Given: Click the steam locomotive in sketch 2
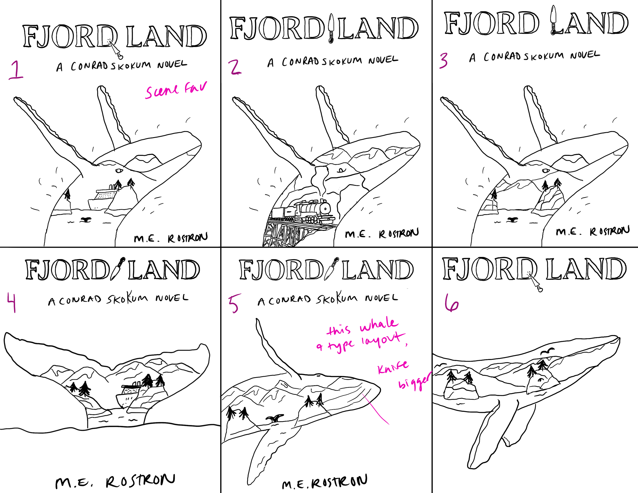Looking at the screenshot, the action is tap(313, 210).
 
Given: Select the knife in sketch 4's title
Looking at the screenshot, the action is tap(119, 268).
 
